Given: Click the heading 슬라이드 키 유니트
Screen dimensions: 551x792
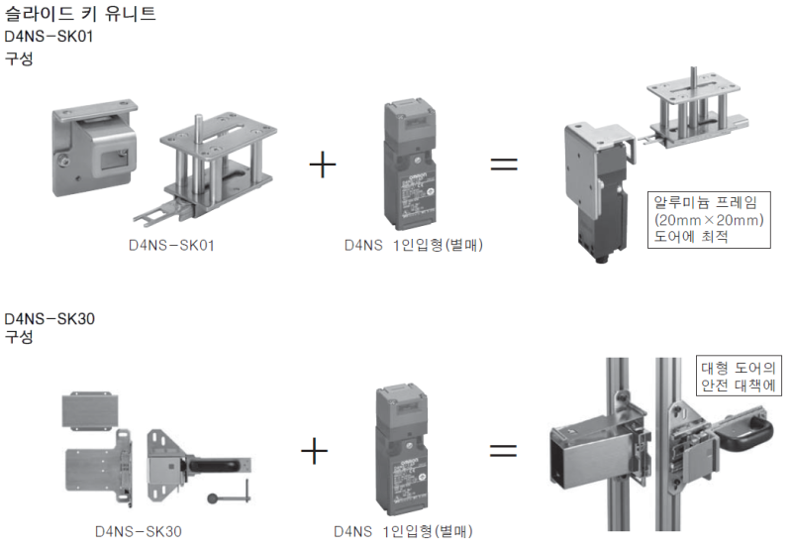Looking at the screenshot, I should [x=80, y=15].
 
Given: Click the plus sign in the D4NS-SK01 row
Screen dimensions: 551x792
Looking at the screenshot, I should [x=322, y=164].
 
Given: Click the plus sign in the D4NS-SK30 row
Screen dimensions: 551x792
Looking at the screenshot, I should [x=314, y=451].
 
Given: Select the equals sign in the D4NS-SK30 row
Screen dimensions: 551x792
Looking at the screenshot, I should [x=504, y=451].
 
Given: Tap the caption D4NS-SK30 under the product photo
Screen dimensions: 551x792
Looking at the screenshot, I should [x=139, y=531].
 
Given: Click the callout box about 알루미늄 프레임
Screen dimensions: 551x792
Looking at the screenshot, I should [x=706, y=218].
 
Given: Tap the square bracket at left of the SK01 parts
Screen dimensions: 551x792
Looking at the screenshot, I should [x=94, y=151].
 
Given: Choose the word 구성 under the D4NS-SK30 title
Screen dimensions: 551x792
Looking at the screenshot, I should [x=19, y=337].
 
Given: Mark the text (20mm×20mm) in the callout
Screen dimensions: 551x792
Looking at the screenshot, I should [x=705, y=219].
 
